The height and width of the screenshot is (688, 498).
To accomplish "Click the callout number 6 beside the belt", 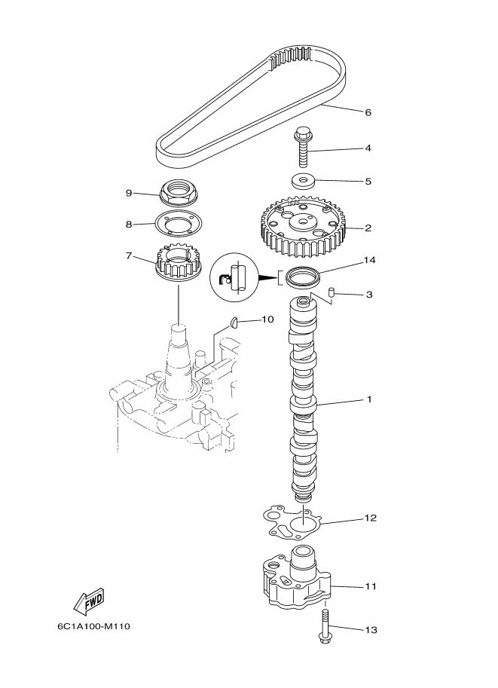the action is [x=368, y=112].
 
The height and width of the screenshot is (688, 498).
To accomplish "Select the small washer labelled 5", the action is [x=303, y=181].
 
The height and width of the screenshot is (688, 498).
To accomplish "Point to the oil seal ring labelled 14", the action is [x=303, y=277].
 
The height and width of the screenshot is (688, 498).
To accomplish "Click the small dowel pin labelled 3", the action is [x=332, y=292].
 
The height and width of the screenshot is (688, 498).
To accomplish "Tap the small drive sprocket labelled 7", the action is [x=177, y=264].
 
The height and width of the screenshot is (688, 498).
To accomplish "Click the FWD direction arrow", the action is [x=89, y=602].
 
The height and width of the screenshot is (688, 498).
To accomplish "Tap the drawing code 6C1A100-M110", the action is [x=93, y=626].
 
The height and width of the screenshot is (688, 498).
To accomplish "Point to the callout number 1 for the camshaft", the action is [x=369, y=399].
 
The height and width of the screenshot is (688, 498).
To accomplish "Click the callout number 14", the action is [x=369, y=260].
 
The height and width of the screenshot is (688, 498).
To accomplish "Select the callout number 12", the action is [x=371, y=518].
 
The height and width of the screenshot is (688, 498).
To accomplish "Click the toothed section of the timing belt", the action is [x=291, y=57].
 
